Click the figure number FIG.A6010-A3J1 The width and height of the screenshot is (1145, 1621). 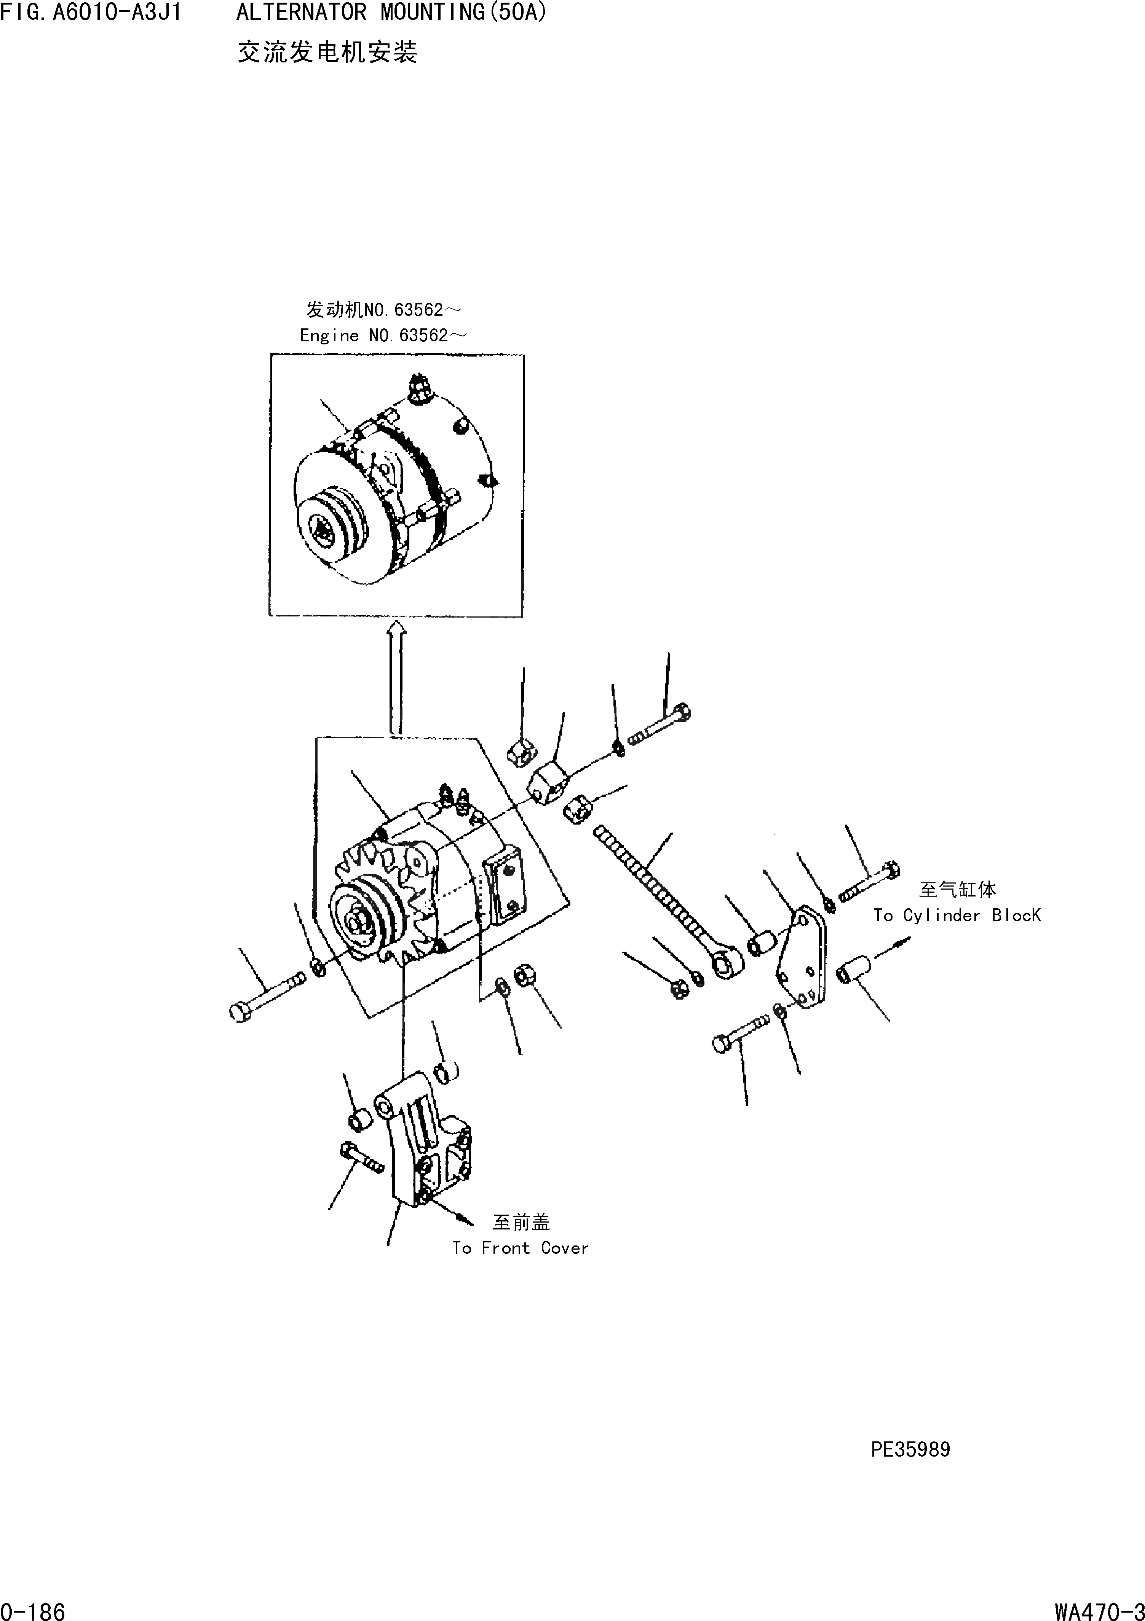92,13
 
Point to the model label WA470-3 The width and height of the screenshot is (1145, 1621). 1099,1609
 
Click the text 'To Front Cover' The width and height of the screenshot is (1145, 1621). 520,1248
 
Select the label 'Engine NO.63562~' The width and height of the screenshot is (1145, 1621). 382,335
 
